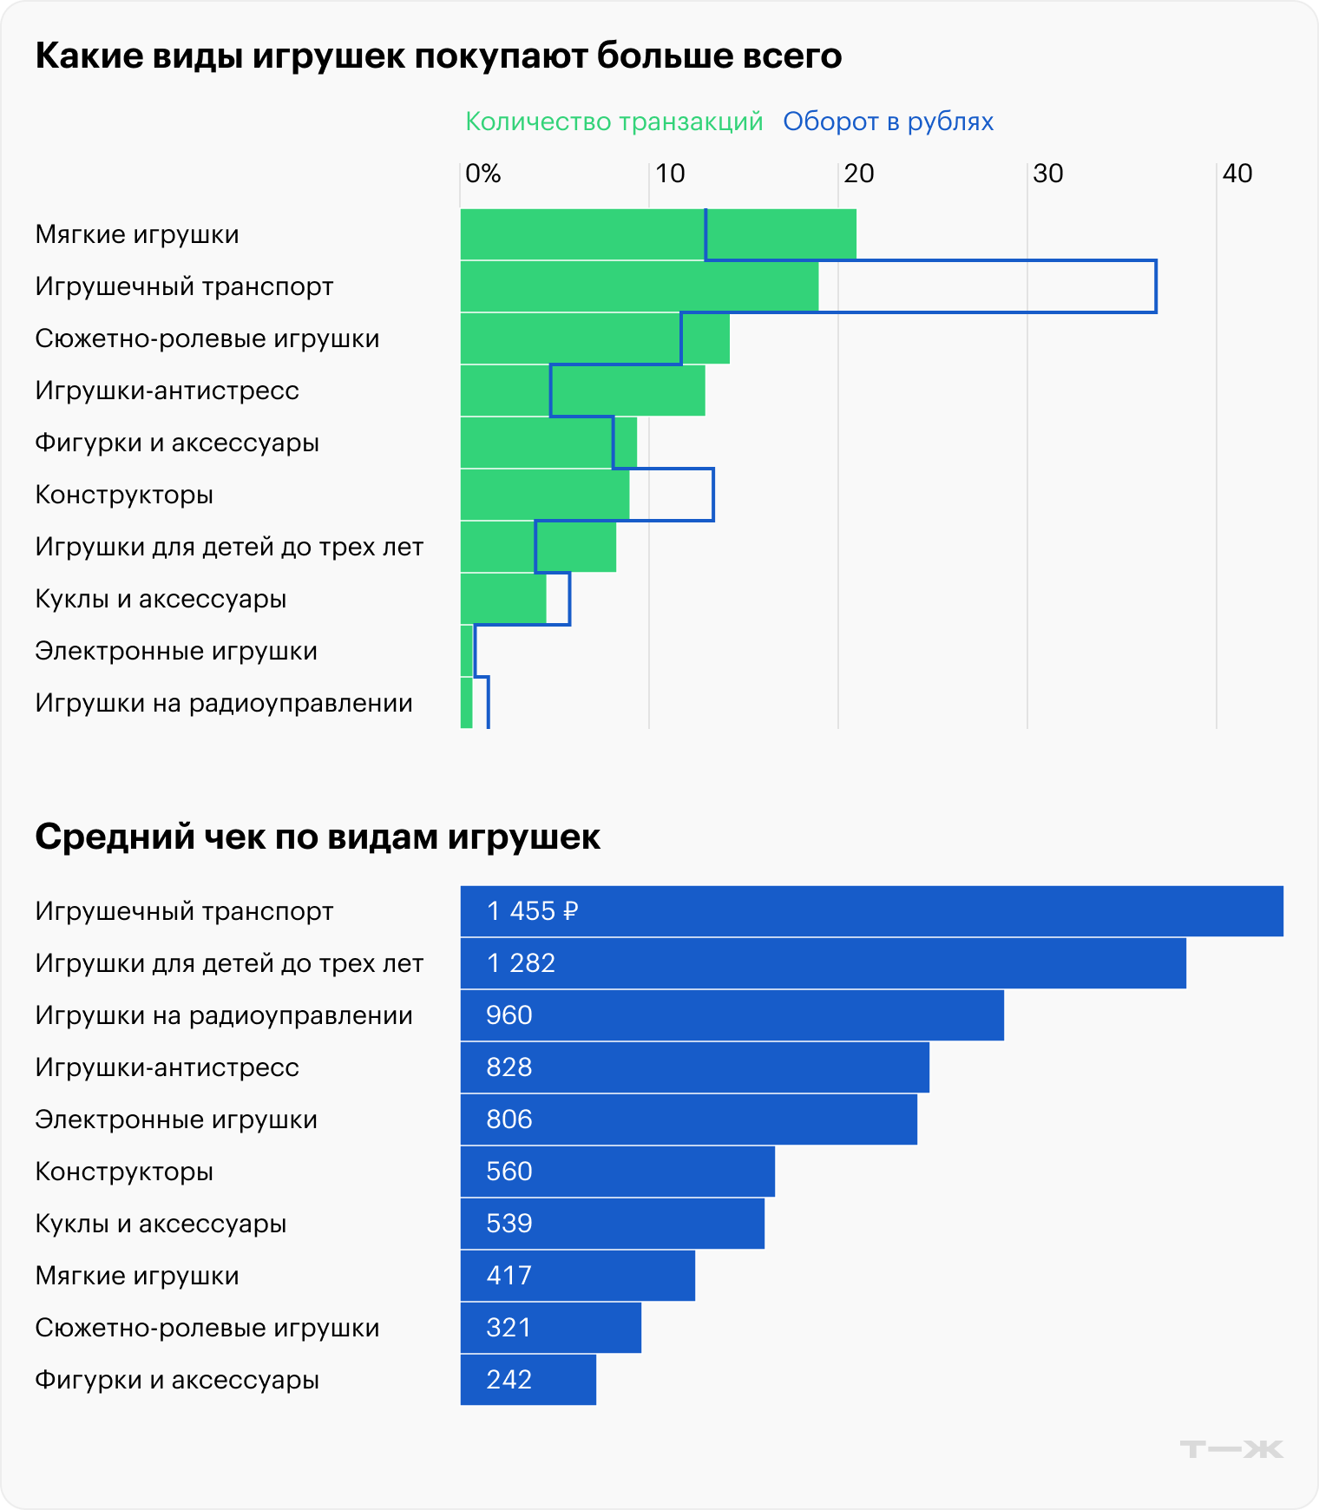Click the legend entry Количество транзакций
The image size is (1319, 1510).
[614, 121]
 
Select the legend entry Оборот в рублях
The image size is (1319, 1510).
[888, 121]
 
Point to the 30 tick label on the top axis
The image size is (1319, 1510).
[1048, 174]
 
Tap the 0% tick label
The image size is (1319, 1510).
[483, 174]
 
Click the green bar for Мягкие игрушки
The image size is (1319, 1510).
[581, 234]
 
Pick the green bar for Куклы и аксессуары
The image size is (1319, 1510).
[503, 599]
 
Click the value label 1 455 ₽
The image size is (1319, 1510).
[532, 911]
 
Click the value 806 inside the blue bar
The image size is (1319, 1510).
[509, 1119]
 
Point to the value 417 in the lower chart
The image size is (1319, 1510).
[509, 1276]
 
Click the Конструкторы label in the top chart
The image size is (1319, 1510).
[124, 495]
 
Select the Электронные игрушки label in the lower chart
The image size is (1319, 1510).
[176, 1119]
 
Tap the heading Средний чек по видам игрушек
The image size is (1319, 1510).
[318, 837]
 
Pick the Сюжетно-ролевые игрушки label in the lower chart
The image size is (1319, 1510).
[207, 1328]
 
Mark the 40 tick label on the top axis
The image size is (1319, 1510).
[1237, 174]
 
